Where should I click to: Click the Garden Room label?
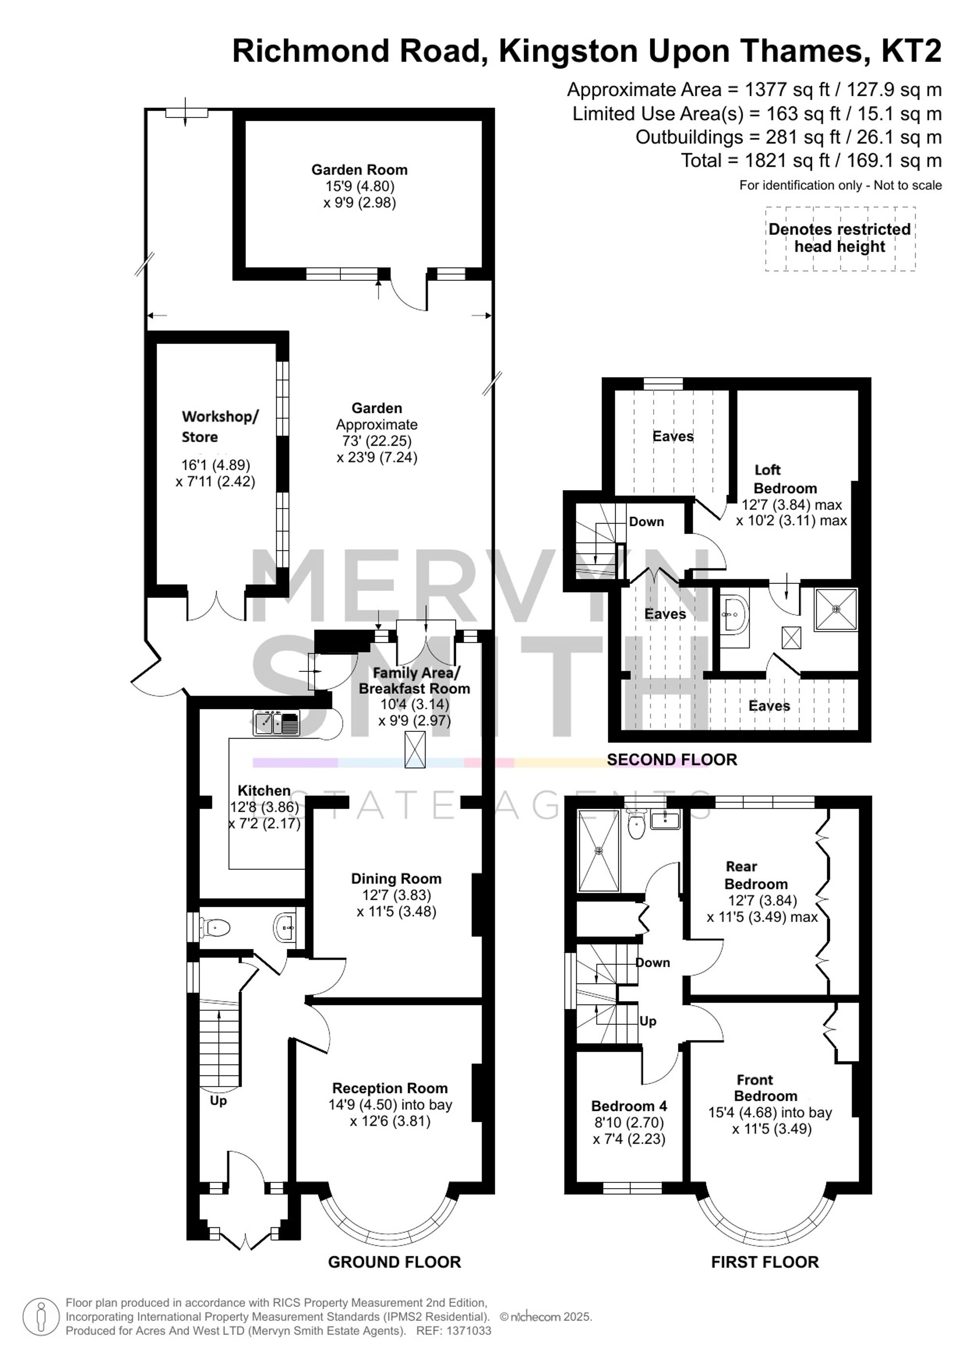click(x=359, y=170)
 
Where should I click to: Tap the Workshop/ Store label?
click(x=220, y=426)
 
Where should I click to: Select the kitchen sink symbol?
click(x=277, y=723)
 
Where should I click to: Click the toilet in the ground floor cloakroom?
click(x=215, y=927)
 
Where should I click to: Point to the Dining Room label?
click(x=396, y=878)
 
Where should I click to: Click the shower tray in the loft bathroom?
click(x=836, y=609)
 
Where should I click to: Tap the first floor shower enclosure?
click(x=599, y=851)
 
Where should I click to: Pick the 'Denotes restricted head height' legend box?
click(x=840, y=239)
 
